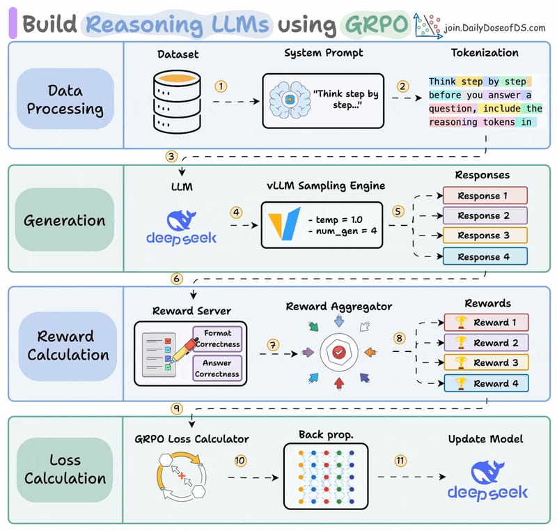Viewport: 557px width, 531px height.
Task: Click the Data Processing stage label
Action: pos(65,98)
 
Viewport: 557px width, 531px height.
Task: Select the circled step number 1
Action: pos(221,86)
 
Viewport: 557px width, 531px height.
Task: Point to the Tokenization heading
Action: pos(485,53)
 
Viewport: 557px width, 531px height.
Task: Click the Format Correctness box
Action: pos(217,338)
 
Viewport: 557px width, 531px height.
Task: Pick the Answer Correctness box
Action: pos(217,369)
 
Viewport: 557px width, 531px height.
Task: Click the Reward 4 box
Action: pos(487,383)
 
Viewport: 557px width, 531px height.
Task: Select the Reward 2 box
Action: pos(487,343)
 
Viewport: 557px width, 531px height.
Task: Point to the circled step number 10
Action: pos(240,461)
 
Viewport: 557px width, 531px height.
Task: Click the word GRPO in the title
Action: pos(374,24)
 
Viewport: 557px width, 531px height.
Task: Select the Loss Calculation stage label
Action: pos(65,469)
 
